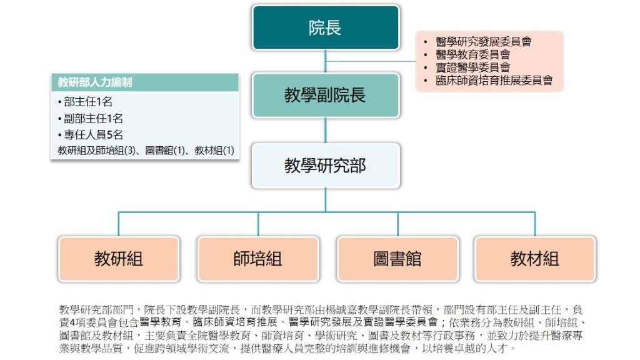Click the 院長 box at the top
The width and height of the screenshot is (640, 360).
tap(325, 27)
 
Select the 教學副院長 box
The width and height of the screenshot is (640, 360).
tap(325, 95)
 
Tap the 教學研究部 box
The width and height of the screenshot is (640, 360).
tap(325, 166)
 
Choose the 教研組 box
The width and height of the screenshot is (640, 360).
tap(119, 259)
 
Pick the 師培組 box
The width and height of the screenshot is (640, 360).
tap(258, 259)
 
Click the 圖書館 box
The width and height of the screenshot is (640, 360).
tap(397, 259)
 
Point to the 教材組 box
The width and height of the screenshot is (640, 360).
tap(534, 259)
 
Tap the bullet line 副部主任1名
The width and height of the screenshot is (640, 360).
tap(92, 118)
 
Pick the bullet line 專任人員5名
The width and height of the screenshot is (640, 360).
tap(92, 134)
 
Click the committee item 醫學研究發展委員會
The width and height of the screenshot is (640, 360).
tap(484, 42)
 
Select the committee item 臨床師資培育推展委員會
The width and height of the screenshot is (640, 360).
tap(494, 81)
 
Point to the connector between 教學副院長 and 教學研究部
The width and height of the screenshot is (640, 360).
tap(325, 131)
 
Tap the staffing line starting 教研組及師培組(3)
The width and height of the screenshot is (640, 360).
tap(146, 151)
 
